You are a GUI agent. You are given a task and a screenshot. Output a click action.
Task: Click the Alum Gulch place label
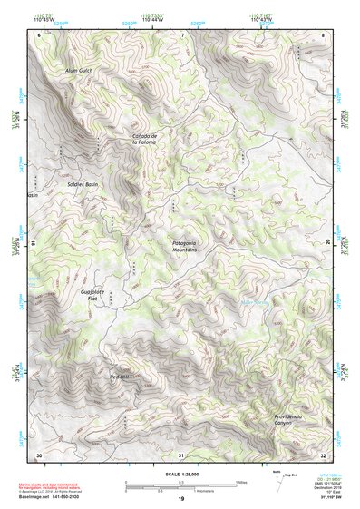coord(79,70)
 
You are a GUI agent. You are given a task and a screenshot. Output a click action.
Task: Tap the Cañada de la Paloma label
coord(146,139)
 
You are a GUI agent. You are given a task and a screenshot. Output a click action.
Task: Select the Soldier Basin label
coord(83,184)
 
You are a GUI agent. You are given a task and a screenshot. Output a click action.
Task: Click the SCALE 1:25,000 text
coord(180,475)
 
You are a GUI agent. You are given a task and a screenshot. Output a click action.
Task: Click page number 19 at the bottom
coord(180,499)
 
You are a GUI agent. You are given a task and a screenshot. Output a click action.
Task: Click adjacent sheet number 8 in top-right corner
coord(323,35)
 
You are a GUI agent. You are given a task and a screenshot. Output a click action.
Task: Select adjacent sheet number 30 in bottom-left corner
coord(38,454)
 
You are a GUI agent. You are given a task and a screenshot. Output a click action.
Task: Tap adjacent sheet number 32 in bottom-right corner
coord(323,454)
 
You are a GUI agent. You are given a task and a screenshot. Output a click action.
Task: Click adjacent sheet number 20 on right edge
coord(327,243)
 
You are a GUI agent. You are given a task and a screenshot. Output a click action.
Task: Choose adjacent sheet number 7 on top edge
coord(181,35)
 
